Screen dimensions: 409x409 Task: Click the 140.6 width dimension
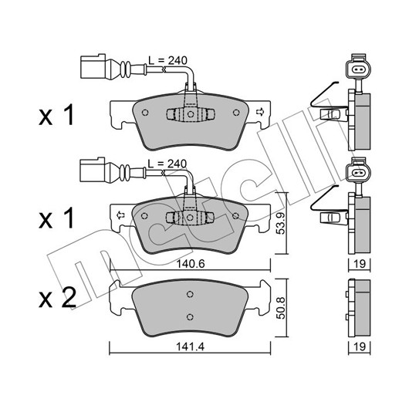pos(191,264)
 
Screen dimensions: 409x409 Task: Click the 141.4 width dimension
pos(191,346)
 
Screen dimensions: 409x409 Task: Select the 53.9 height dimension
pos(281,223)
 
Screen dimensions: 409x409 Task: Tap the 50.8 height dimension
pos(281,308)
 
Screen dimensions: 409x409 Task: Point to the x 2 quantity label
pos(57,298)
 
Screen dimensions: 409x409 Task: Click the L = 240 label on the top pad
pos(167,60)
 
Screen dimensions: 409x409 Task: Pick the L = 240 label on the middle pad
pos(167,164)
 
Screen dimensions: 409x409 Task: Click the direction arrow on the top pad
pos(259,112)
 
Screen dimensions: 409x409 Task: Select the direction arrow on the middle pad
pos(120,215)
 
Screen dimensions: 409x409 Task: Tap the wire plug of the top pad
pos(93,66)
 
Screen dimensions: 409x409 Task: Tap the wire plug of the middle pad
pos(93,169)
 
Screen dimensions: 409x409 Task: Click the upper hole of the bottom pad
pos(190,294)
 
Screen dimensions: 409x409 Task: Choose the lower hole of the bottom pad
pos(190,316)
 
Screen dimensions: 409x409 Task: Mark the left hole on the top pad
pos(145,113)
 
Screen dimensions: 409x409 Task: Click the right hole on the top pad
pos(236,113)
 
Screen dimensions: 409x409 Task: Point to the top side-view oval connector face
pos(358,69)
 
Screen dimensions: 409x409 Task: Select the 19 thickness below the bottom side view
pos(360,346)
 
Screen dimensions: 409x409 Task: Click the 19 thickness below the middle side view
pos(360,264)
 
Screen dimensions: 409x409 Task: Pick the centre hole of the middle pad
pos(190,218)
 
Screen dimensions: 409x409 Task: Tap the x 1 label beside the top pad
pos(56,115)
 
